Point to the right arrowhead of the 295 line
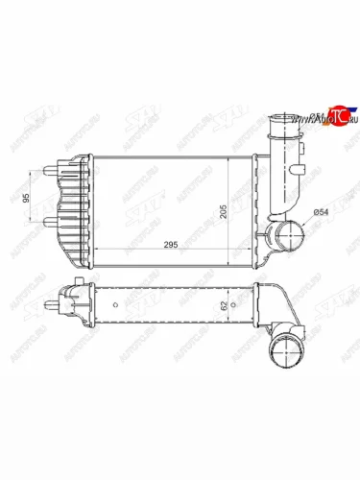pos(252,250)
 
